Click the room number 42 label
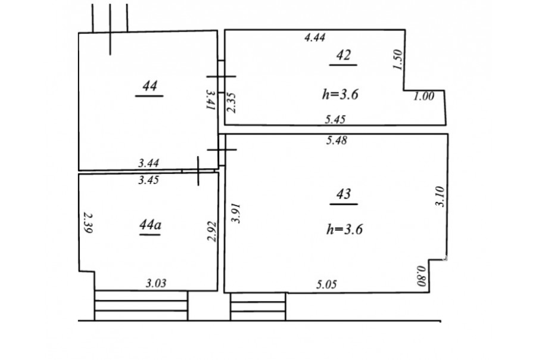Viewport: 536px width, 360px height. [x=344, y=55]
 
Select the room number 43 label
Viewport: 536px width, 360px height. [x=344, y=194]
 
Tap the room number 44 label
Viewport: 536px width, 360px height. [x=149, y=86]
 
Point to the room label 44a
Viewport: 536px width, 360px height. [x=150, y=225]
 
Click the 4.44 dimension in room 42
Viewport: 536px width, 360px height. [x=315, y=37]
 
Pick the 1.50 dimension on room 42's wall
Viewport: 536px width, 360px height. [x=398, y=60]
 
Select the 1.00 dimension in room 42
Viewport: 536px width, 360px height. [x=424, y=96]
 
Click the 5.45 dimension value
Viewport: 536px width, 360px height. [x=335, y=119]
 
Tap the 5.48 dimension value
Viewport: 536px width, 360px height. [x=336, y=140]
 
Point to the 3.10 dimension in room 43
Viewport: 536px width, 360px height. [x=440, y=197]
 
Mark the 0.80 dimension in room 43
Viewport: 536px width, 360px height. [x=421, y=276]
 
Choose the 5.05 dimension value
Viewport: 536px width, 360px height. [x=326, y=284]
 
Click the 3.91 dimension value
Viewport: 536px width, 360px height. [x=236, y=213]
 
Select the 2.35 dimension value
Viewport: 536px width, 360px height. [x=232, y=103]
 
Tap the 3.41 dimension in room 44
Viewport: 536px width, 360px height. [x=210, y=100]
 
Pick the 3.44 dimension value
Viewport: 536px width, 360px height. [x=148, y=163]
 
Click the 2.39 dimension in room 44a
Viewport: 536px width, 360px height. [x=88, y=223]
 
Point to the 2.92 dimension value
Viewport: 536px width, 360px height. [x=212, y=232]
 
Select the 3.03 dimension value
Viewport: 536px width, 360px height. [x=156, y=283]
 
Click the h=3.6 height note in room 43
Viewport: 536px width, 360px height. [x=345, y=229]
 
